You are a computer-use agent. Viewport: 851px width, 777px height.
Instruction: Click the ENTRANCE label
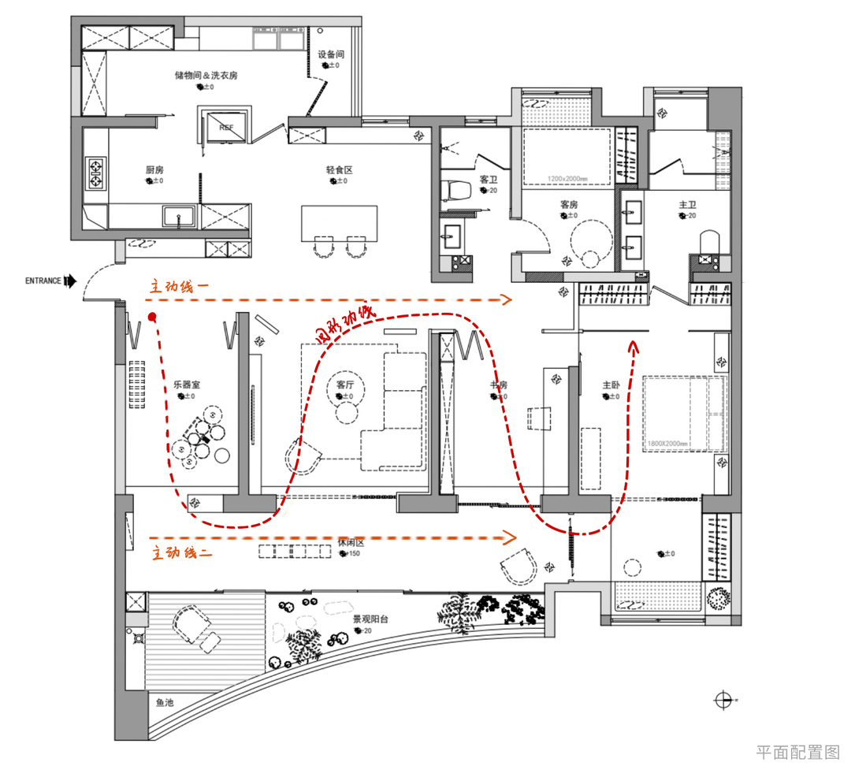click(44, 281)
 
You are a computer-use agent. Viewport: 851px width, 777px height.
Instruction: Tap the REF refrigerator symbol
click(226, 127)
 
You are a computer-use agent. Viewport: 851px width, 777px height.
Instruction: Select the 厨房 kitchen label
click(154, 170)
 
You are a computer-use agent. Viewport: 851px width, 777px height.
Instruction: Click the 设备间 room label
click(331, 55)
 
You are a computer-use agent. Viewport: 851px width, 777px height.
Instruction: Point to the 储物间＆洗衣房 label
click(206, 76)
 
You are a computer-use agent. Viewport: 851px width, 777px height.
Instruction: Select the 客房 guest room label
click(570, 204)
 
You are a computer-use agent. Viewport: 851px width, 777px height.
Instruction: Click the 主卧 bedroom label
click(612, 385)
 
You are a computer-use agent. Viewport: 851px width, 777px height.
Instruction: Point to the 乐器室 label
click(187, 385)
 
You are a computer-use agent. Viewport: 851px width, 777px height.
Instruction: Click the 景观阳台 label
click(370, 619)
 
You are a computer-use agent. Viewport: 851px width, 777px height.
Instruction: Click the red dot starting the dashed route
click(151, 318)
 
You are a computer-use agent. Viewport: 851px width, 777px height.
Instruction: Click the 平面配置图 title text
click(797, 752)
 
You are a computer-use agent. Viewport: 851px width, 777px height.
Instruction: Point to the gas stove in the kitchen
click(97, 173)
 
